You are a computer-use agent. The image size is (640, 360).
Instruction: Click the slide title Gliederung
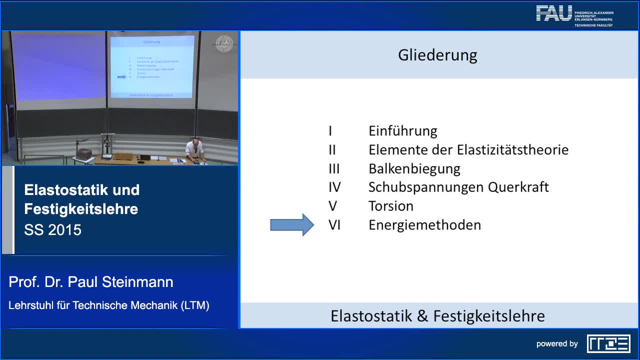pos(437,54)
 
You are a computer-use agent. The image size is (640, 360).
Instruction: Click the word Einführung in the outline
pos(402,131)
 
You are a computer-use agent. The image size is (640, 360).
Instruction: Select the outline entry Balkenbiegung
pos(414,168)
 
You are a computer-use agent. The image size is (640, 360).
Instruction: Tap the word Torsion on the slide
pos(390,206)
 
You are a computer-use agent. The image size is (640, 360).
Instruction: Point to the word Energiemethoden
pos(424,225)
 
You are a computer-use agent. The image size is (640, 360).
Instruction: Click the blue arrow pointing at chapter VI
pos(292,225)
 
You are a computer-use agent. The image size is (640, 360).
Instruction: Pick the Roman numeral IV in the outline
pos(334,187)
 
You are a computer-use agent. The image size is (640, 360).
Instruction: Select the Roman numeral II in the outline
pos(332,150)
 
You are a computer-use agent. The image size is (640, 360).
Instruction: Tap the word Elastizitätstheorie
pos(512,150)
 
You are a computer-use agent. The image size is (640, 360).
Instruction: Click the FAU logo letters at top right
pos(553,13)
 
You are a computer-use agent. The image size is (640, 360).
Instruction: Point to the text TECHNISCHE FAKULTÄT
pos(593,25)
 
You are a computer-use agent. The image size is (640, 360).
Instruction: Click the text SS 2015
pos(52,230)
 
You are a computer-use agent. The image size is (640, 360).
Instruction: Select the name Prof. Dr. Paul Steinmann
pos(91,282)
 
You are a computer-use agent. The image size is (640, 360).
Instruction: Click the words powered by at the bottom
pos(557,344)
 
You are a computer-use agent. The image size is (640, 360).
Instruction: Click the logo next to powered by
pos(608,343)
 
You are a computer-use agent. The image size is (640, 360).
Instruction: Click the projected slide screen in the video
pos(151,66)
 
